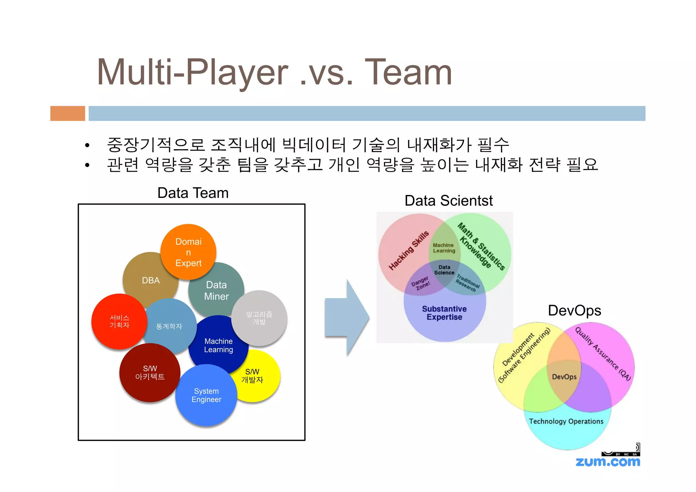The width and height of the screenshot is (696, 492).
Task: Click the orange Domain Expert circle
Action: coord(188,252)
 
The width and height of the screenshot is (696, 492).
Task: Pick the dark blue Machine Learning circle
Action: coord(218,345)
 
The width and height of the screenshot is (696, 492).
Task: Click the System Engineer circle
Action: coord(206,395)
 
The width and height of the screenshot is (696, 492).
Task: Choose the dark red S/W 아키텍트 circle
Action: coord(150,373)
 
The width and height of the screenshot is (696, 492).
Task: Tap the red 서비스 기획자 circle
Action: coord(119,321)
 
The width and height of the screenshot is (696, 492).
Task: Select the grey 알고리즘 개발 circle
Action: coord(259,318)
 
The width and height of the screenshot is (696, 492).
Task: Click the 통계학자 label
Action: coord(169,326)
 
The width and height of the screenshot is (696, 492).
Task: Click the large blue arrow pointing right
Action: coord(347,317)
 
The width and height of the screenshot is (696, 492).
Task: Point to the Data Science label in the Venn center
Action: coord(444,270)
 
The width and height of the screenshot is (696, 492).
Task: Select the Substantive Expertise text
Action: coord(444,313)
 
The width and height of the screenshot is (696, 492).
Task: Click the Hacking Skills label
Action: coord(409,250)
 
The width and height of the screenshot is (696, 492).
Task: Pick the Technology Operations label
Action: coord(566,421)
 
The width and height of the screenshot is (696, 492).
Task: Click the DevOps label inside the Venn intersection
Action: coord(564,377)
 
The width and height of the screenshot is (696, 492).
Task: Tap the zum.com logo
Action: coord(608,462)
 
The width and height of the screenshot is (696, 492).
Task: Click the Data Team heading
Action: coord(193,193)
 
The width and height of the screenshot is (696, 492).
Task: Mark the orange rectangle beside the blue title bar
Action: coord(68,113)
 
